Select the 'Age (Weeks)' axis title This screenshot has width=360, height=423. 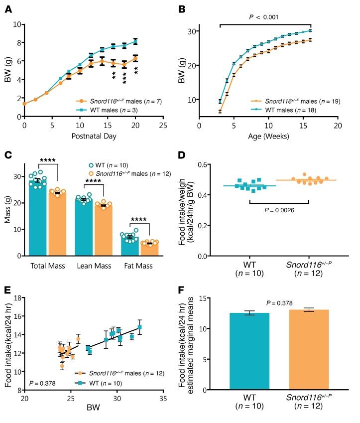268,138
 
